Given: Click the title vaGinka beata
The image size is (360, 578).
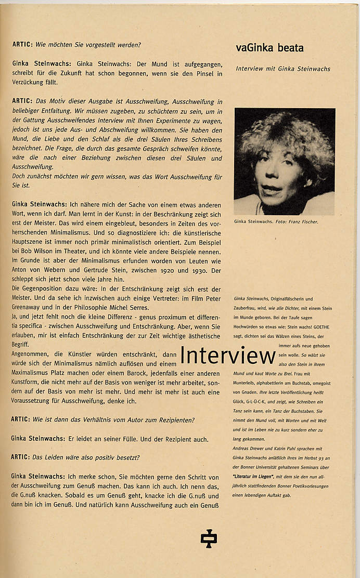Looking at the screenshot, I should click(269, 48).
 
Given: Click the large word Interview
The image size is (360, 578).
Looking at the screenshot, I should click(228, 356).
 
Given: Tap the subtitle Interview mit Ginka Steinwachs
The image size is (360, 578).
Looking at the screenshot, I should click(282, 69).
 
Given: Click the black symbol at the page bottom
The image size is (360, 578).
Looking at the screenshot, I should click(209, 538).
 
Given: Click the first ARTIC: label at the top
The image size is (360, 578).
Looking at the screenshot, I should click(22, 45).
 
